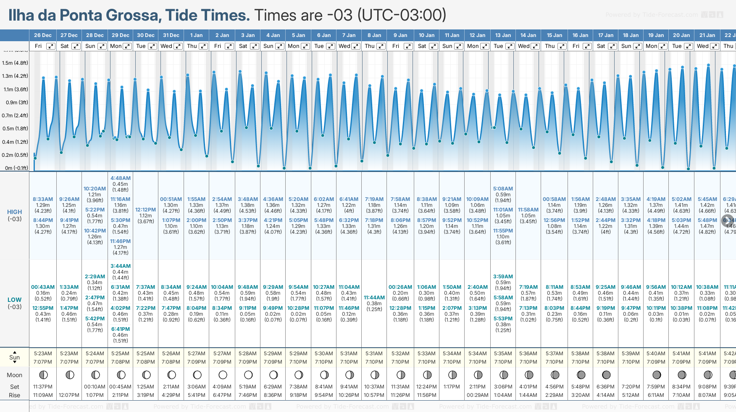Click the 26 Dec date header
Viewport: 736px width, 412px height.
(43, 35)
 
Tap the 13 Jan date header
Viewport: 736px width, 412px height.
(503, 35)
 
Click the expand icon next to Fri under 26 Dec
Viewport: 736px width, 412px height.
(50, 46)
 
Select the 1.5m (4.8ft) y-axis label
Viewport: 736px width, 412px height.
(15, 63)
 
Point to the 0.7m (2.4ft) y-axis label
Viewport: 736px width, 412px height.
(15, 116)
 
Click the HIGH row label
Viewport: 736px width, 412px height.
(15, 212)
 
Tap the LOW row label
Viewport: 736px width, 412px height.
(15, 300)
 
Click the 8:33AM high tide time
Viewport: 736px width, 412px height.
(43, 199)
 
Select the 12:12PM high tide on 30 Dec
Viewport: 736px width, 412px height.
(145, 210)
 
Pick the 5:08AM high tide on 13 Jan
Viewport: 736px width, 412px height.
(503, 189)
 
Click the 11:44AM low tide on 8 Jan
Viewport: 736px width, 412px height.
(374, 298)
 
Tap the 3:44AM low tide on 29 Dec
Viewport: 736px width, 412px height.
(121, 266)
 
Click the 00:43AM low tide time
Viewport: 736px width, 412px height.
(43, 287)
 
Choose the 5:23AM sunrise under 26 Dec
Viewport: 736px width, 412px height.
(43, 354)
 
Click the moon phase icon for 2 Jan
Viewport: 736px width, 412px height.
(223, 375)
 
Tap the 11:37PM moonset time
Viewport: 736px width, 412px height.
(43, 387)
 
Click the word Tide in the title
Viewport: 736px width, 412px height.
(182, 15)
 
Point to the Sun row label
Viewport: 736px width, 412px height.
(15, 357)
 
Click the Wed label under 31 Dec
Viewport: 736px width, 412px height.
(166, 46)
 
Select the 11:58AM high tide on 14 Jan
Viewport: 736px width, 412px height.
(528, 210)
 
